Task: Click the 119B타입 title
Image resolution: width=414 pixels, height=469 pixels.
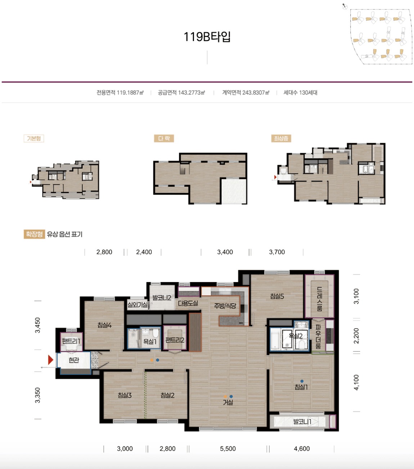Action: click(207, 37)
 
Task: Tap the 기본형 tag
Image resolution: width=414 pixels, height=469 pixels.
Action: click(34, 138)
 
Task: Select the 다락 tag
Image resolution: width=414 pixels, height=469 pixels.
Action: click(164, 138)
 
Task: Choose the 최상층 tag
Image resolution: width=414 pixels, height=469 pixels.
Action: click(281, 138)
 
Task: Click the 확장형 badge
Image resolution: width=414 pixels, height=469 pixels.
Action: click(34, 234)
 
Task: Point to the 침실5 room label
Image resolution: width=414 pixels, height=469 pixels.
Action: click(277, 296)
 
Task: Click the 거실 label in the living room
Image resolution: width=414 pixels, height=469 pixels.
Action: click(228, 402)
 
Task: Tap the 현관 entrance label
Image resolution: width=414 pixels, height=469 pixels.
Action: click(74, 360)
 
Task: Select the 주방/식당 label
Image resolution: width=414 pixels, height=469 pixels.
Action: click(225, 306)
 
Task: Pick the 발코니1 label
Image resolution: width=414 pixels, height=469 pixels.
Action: click(302, 422)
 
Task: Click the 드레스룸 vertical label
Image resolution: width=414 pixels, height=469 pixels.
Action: click(319, 299)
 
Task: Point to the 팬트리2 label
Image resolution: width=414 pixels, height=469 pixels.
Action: click(175, 340)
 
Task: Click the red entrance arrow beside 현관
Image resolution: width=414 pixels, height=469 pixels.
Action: click(50, 360)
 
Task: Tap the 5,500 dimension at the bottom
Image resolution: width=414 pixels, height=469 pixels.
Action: click(228, 448)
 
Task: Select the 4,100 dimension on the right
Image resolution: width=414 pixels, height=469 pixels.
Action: click(356, 382)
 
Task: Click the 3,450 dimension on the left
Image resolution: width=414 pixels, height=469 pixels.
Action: click(37, 325)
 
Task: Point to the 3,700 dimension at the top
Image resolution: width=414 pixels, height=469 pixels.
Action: click(277, 252)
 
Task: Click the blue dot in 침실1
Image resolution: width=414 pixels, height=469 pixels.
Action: click(302, 381)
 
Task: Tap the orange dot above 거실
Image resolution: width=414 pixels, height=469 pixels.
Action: click(225, 397)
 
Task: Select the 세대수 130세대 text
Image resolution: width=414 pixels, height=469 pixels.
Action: click(300, 92)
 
